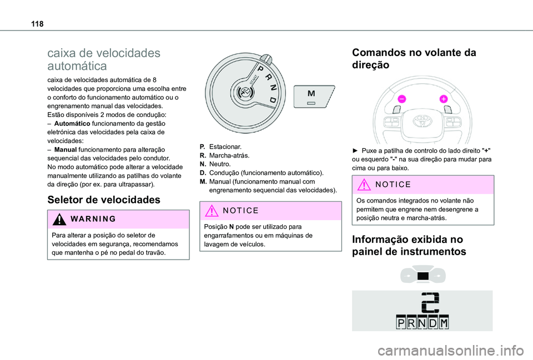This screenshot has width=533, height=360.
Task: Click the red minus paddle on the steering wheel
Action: pos(401,99)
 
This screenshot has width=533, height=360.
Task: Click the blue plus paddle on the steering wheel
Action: pos(444,99)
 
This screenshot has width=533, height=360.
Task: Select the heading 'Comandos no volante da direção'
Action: pos(413,59)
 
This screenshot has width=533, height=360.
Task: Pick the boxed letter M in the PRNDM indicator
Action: pos(443,323)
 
